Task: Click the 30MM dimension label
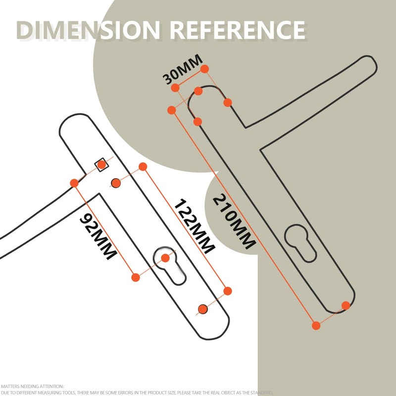pyautogui.click(x=182, y=69)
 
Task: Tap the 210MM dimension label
pyautogui.click(x=234, y=221)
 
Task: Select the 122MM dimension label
pyautogui.click(x=195, y=226)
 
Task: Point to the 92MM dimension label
pyautogui.click(x=98, y=236)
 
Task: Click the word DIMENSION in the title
pyautogui.click(x=89, y=30)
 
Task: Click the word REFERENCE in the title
pyautogui.click(x=238, y=30)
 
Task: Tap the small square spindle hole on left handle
pyautogui.click(x=101, y=165)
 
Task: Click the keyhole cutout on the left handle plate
pyautogui.click(x=169, y=266)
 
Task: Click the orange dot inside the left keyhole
pyautogui.click(x=165, y=258)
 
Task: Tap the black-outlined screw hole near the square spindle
pyautogui.click(x=116, y=183)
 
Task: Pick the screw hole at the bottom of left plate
pyautogui.click(x=203, y=309)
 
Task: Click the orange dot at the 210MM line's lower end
pyautogui.click(x=316, y=326)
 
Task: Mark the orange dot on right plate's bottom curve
pyautogui.click(x=346, y=305)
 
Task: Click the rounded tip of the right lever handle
pyautogui.click(x=371, y=63)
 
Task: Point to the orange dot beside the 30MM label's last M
pyautogui.click(x=204, y=69)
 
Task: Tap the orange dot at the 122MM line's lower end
pyautogui.click(x=228, y=291)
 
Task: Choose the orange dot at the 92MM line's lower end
pyautogui.click(x=136, y=277)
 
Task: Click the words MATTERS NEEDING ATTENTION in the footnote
pyautogui.click(x=32, y=387)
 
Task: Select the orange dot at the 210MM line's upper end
pyautogui.click(x=171, y=110)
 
